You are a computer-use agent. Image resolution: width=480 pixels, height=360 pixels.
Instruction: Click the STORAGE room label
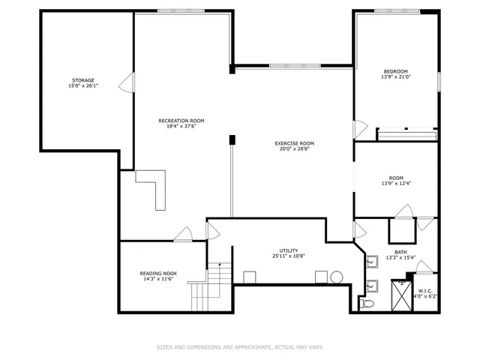83,79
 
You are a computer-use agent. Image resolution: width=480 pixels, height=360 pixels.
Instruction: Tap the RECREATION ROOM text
181,121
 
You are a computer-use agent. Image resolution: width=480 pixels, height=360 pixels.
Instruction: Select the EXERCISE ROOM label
294,143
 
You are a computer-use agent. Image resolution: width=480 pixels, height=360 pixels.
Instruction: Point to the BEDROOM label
394,71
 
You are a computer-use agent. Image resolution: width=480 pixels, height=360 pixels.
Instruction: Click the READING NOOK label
158,273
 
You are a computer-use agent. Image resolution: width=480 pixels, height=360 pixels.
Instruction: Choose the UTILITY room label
289,250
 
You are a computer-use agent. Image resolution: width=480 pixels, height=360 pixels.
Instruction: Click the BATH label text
401,252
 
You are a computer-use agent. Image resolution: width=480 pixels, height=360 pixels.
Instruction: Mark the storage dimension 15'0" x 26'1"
83,86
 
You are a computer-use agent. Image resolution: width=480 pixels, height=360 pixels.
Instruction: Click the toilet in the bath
366,304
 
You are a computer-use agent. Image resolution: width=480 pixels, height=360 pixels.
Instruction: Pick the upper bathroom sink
371,262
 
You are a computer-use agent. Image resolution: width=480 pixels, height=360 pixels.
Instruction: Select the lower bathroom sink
371,285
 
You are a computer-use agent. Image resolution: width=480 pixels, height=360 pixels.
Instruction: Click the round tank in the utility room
337,277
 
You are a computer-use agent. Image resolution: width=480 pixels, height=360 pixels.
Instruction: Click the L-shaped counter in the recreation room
155,187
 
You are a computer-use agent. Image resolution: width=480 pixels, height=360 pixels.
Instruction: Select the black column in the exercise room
232,139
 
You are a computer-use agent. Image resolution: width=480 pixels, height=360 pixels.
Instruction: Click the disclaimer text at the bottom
240,346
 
